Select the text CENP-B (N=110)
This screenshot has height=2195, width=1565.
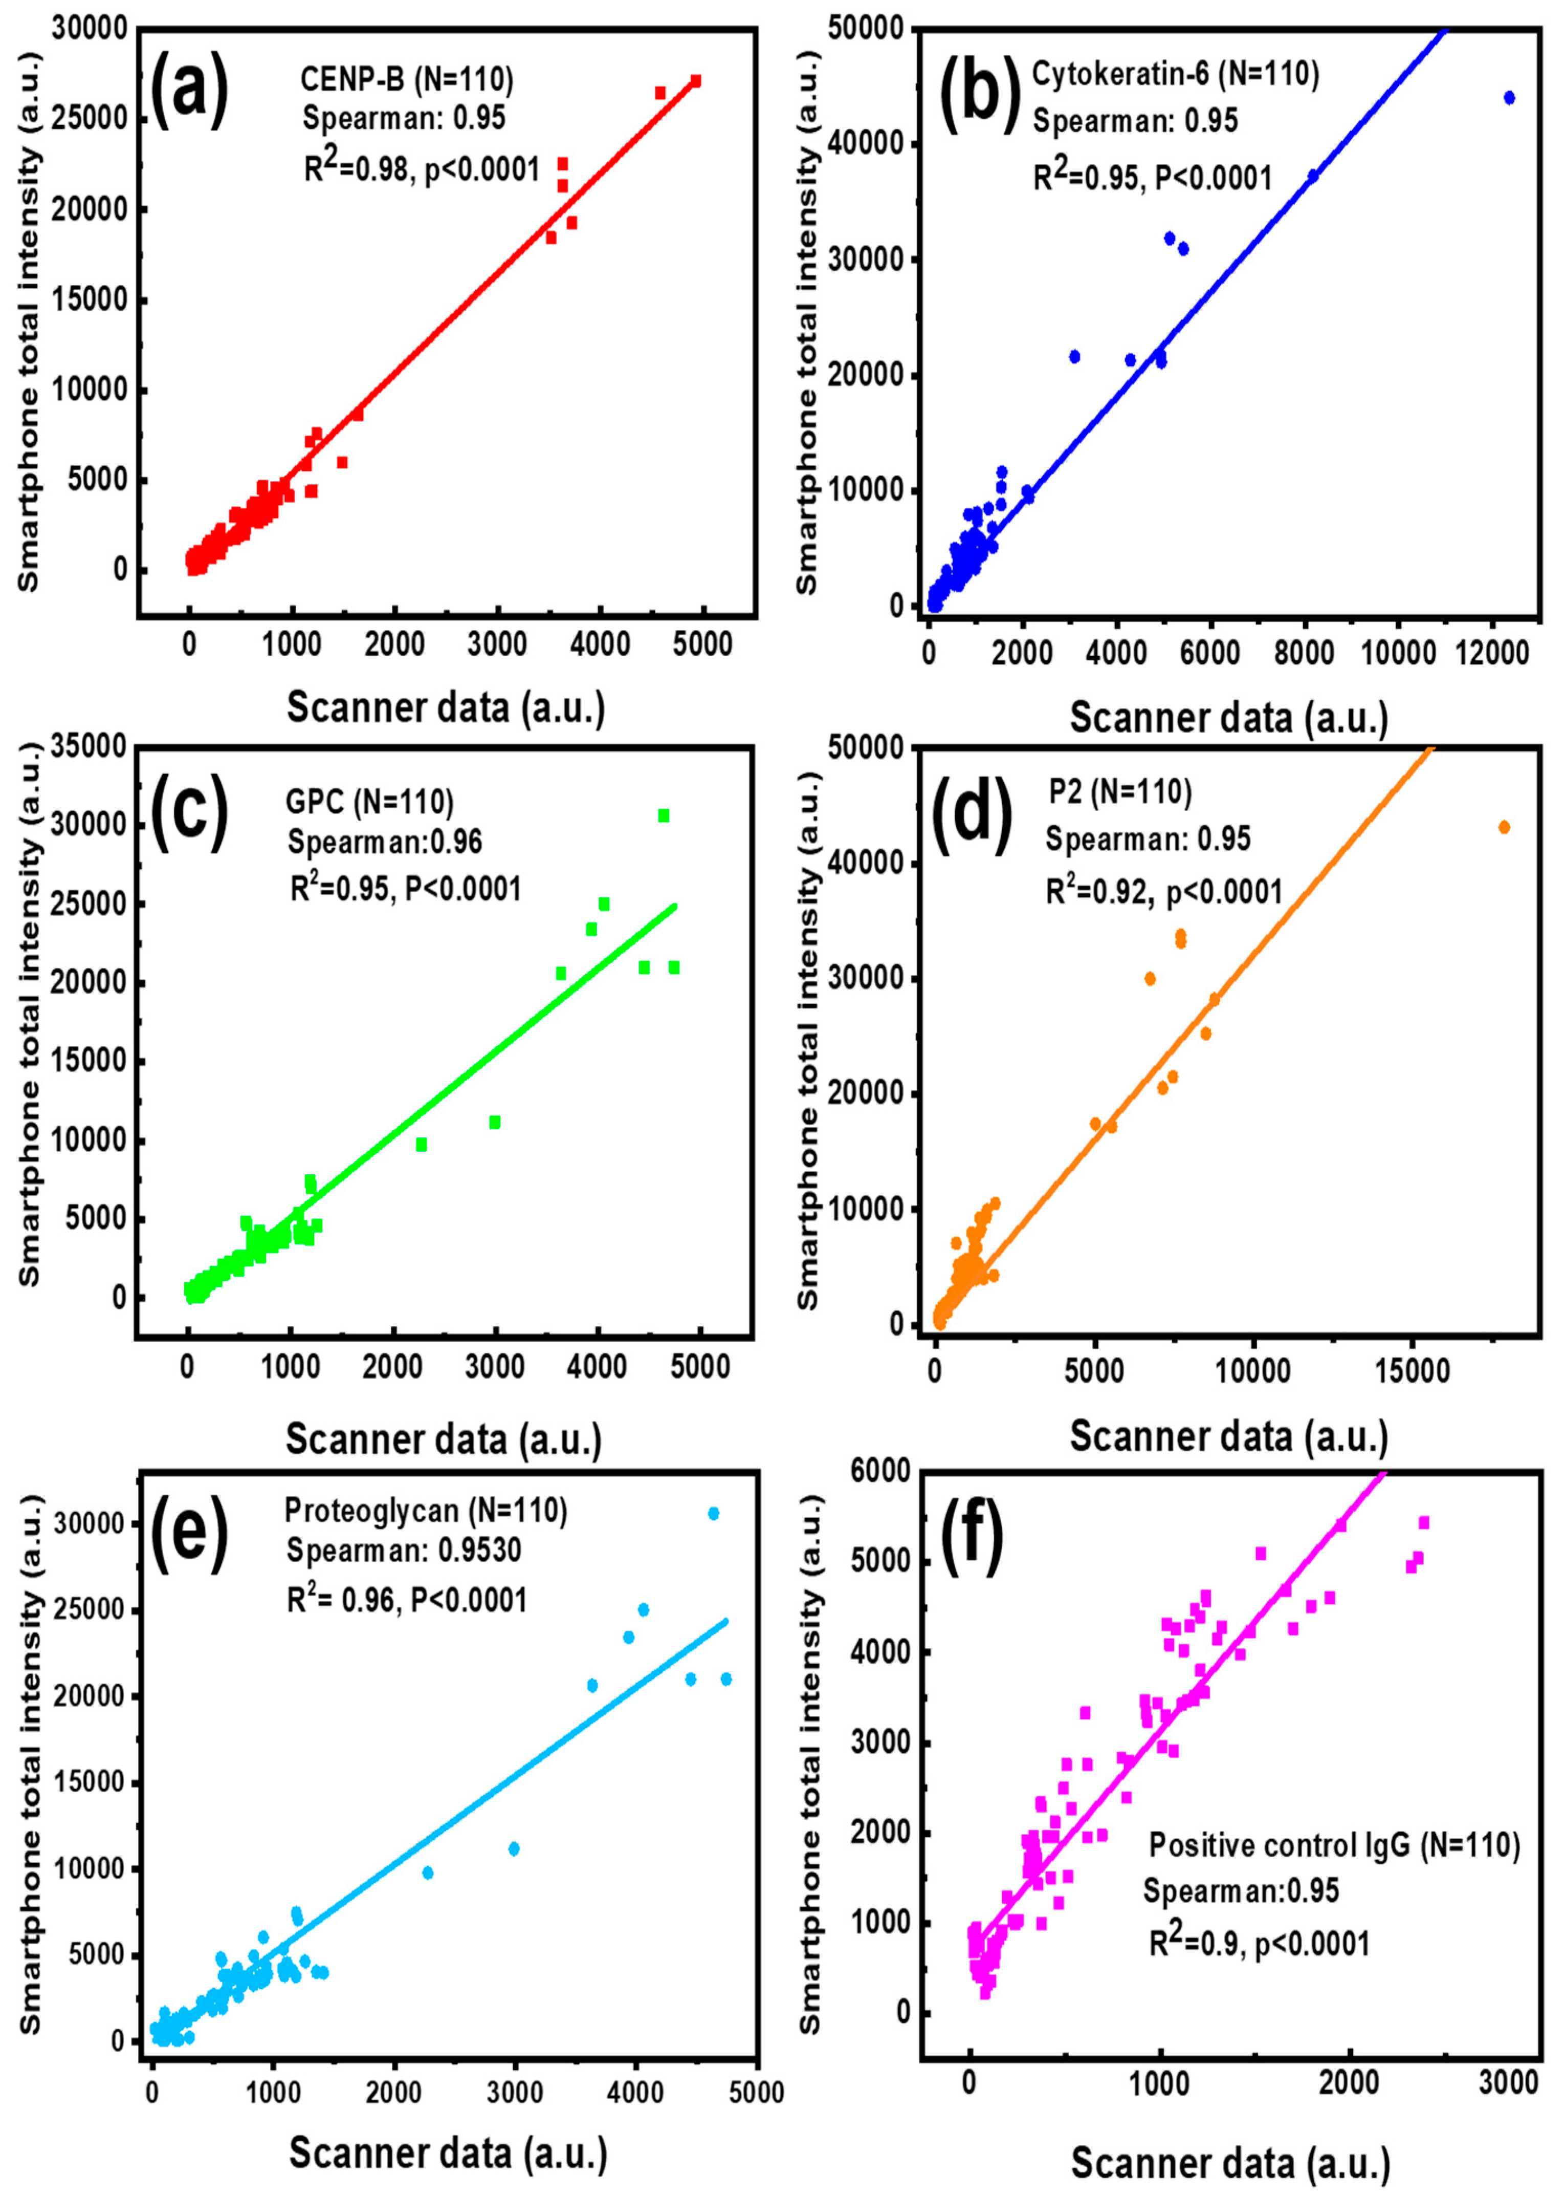coord(407,80)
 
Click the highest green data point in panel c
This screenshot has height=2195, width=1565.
coord(663,815)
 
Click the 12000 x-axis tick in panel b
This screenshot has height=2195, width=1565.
coord(1491,653)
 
